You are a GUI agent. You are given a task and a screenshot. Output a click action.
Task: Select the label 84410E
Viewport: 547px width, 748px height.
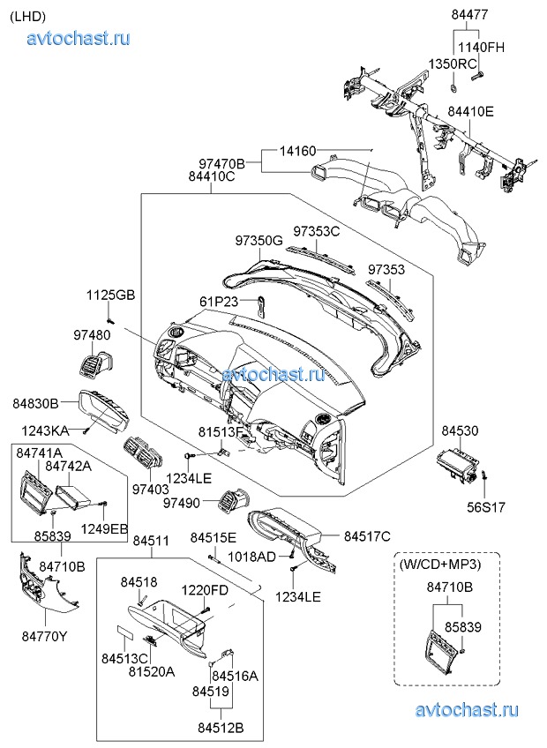[470, 112]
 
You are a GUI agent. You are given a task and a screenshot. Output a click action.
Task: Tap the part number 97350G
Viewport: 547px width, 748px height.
[259, 240]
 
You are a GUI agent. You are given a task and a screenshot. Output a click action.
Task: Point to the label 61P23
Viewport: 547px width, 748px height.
[218, 303]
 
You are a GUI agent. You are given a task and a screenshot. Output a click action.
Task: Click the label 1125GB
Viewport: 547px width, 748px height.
[110, 295]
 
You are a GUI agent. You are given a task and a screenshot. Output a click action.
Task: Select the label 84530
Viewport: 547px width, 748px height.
[460, 430]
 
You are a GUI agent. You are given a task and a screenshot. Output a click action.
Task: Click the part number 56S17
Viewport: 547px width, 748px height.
[486, 507]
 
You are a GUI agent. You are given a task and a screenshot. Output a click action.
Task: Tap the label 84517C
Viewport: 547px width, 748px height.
[367, 536]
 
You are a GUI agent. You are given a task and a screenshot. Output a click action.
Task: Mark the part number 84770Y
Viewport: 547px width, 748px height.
[45, 634]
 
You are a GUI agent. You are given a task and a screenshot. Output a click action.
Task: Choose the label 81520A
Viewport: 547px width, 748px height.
[151, 670]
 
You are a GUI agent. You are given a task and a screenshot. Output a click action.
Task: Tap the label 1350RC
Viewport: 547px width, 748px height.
[453, 64]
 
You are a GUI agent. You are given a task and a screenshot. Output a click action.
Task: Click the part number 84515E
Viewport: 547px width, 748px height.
[214, 537]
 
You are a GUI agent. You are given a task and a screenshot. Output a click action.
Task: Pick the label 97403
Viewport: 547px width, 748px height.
[150, 488]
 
